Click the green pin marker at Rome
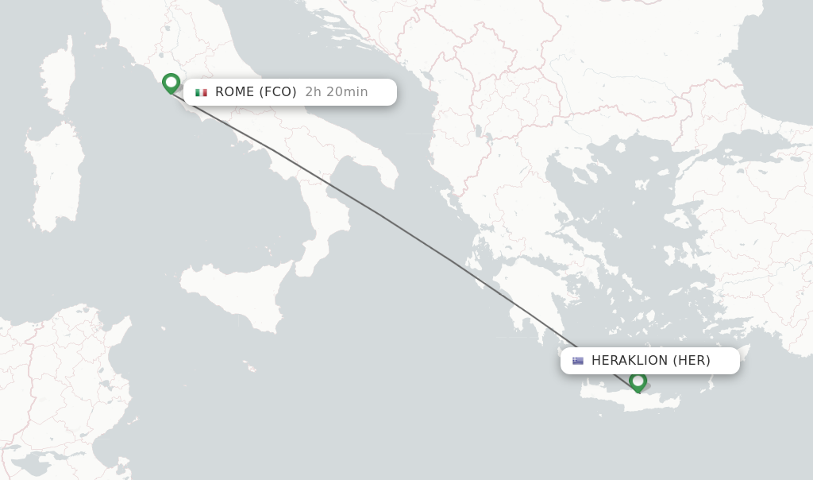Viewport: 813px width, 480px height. click(x=171, y=83)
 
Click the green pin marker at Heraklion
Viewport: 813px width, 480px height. click(x=638, y=381)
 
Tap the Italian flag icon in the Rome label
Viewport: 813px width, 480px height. click(x=201, y=92)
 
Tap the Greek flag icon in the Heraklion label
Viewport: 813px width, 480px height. click(x=578, y=361)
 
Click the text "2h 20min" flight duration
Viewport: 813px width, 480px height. click(x=337, y=92)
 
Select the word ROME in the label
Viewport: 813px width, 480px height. click(x=234, y=92)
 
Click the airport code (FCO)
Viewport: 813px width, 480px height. click(x=278, y=92)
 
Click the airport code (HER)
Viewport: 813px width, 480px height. click(x=692, y=361)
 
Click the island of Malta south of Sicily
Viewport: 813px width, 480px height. click(x=252, y=368)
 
